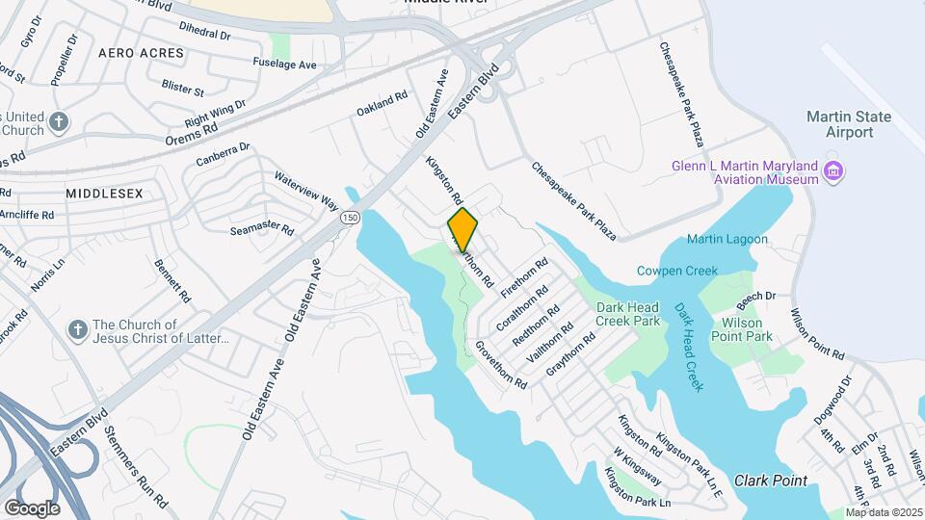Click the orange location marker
click(462, 229)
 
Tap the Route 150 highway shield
click(351, 218)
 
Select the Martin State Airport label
click(848, 124)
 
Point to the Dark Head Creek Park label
click(628, 314)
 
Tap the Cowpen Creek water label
click(677, 271)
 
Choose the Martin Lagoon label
click(727, 239)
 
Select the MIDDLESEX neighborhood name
click(104, 194)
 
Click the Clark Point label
click(770, 480)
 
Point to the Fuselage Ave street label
click(284, 65)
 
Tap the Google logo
click(32, 507)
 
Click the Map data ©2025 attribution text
click(885, 512)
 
